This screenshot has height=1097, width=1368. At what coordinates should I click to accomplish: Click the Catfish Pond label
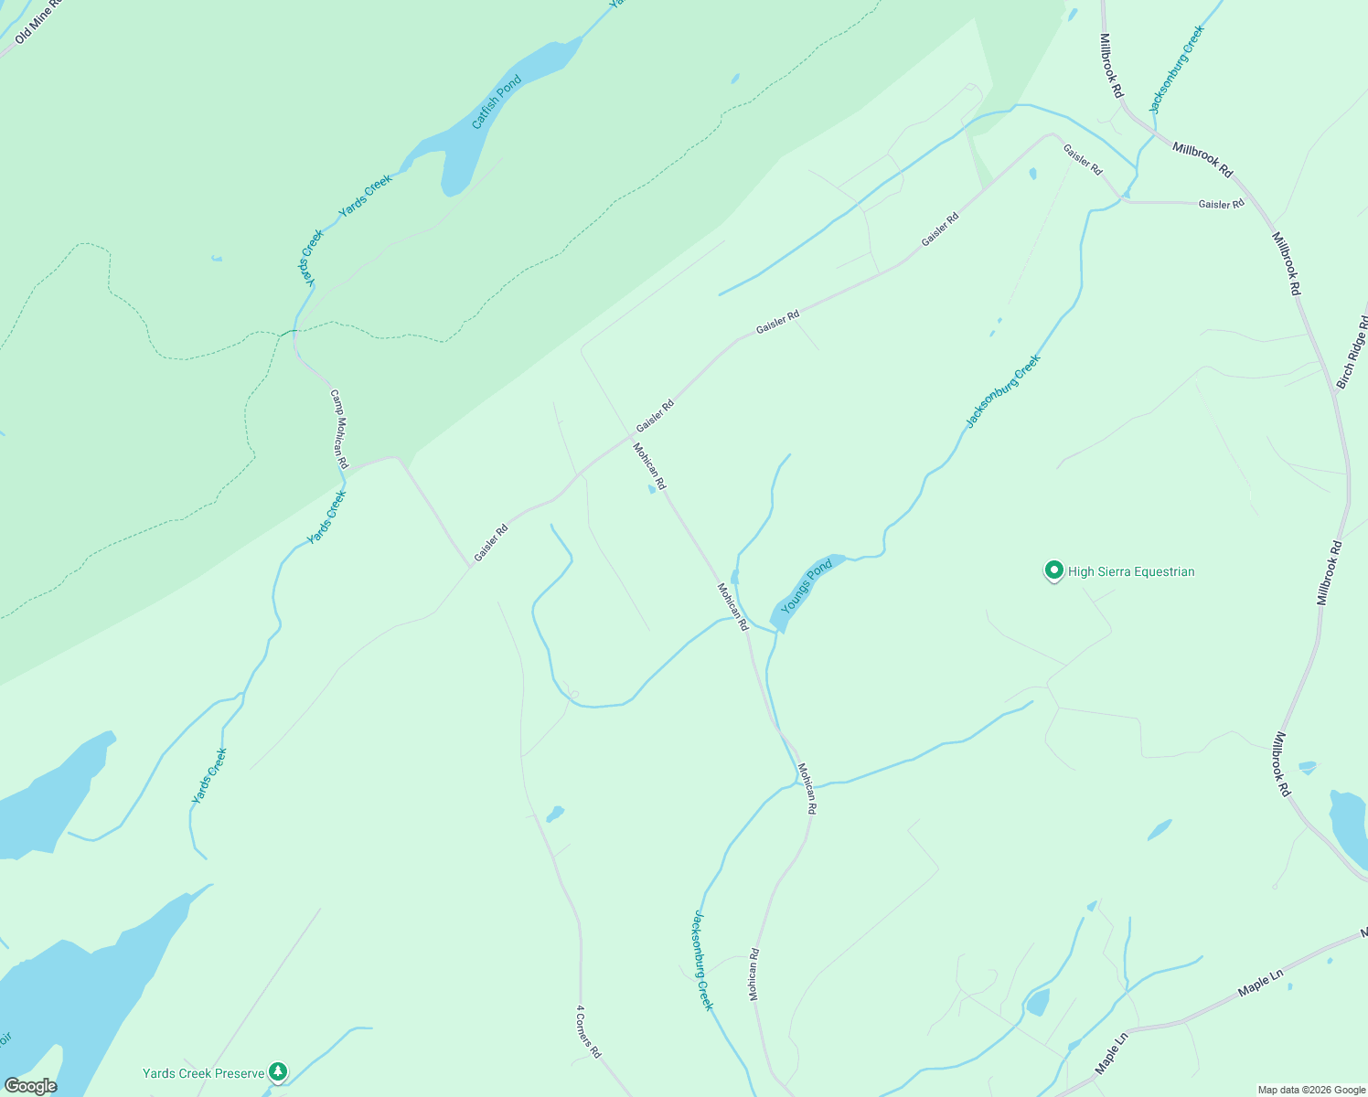497,101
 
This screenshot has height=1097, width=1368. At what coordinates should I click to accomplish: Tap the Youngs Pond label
806,587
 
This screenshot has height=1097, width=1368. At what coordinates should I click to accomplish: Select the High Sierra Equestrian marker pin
1053,571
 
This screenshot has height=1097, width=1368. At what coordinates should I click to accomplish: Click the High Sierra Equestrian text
1131,572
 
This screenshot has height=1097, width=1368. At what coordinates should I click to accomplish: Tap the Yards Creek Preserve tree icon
278,1071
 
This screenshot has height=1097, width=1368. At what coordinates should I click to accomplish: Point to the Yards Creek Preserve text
203,1073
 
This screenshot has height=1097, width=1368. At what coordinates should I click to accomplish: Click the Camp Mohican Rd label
339,429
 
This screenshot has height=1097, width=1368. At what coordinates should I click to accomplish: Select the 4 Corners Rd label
588,1032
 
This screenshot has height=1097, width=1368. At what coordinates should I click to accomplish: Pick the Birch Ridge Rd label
1352,353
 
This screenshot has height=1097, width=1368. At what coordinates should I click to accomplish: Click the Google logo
30,1086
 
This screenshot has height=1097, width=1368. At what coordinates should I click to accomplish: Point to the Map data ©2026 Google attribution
1310,1090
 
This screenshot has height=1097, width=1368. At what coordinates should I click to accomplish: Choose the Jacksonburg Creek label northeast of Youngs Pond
1003,391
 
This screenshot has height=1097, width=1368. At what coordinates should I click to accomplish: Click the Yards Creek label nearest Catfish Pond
365,196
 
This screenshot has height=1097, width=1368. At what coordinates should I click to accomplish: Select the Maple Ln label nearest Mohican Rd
1112,1051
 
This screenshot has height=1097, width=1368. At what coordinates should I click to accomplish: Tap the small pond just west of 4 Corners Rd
555,813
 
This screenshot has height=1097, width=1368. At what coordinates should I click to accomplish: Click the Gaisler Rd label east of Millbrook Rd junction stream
1221,204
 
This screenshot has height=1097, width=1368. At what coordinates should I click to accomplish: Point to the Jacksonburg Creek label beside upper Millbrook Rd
1177,69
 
